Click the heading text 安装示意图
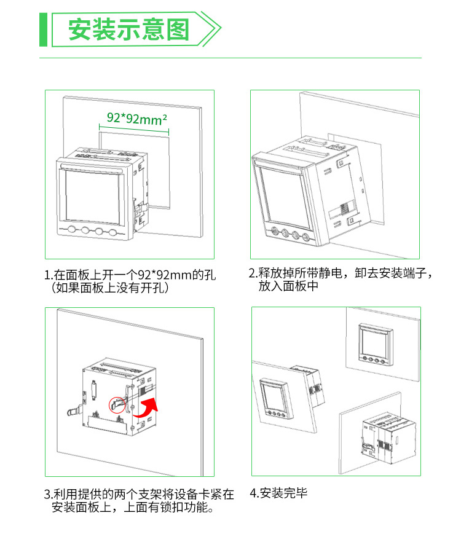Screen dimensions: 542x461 click(x=128, y=29)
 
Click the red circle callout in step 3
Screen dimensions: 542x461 click(x=116, y=404)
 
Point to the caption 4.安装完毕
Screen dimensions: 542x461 click(x=278, y=493)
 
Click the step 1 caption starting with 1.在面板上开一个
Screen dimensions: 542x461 click(x=130, y=274)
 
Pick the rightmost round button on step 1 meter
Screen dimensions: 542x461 click(x=112, y=232)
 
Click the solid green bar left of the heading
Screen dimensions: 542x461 click(x=43, y=29)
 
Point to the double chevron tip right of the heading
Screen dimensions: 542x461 click(x=215, y=29)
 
